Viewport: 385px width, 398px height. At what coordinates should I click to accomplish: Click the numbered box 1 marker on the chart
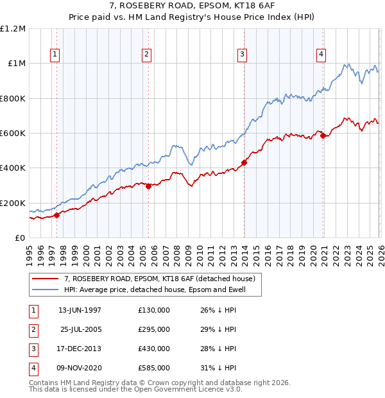[x=56, y=55]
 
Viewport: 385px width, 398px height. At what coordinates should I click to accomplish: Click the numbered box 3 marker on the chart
[x=243, y=55]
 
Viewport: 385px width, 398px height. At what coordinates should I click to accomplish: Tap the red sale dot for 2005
[x=148, y=187]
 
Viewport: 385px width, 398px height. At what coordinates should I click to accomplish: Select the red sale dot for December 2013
[x=244, y=163]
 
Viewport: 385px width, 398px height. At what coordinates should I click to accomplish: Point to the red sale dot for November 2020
[x=323, y=135]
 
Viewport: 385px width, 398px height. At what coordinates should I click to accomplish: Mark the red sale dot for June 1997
[x=56, y=215]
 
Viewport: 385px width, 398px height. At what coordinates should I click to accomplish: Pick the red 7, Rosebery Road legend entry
[x=160, y=279]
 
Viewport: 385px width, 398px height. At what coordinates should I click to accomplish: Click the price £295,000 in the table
[x=153, y=329]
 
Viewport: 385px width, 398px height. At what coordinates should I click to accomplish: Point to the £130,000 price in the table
[x=153, y=310]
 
